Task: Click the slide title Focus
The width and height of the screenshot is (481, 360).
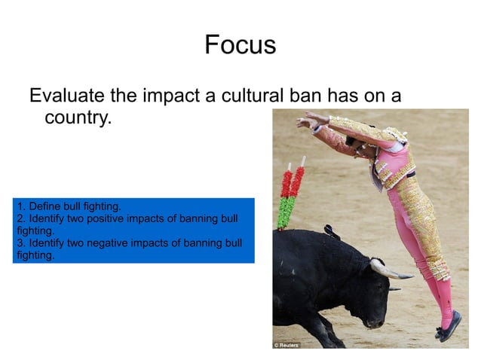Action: (240, 45)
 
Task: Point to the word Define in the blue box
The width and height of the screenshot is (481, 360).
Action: (41, 206)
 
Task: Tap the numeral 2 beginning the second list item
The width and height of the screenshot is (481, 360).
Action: (19, 218)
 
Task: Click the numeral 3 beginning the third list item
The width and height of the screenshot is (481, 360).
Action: (19, 243)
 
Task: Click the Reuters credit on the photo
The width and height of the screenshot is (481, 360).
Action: (286, 344)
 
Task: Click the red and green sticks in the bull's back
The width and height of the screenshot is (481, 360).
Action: (290, 194)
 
